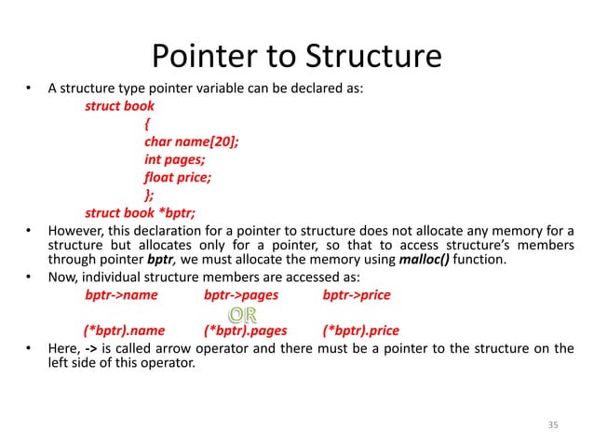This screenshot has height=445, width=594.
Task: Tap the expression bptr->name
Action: click(x=121, y=296)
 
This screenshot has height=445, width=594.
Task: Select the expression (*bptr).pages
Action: click(x=245, y=330)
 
